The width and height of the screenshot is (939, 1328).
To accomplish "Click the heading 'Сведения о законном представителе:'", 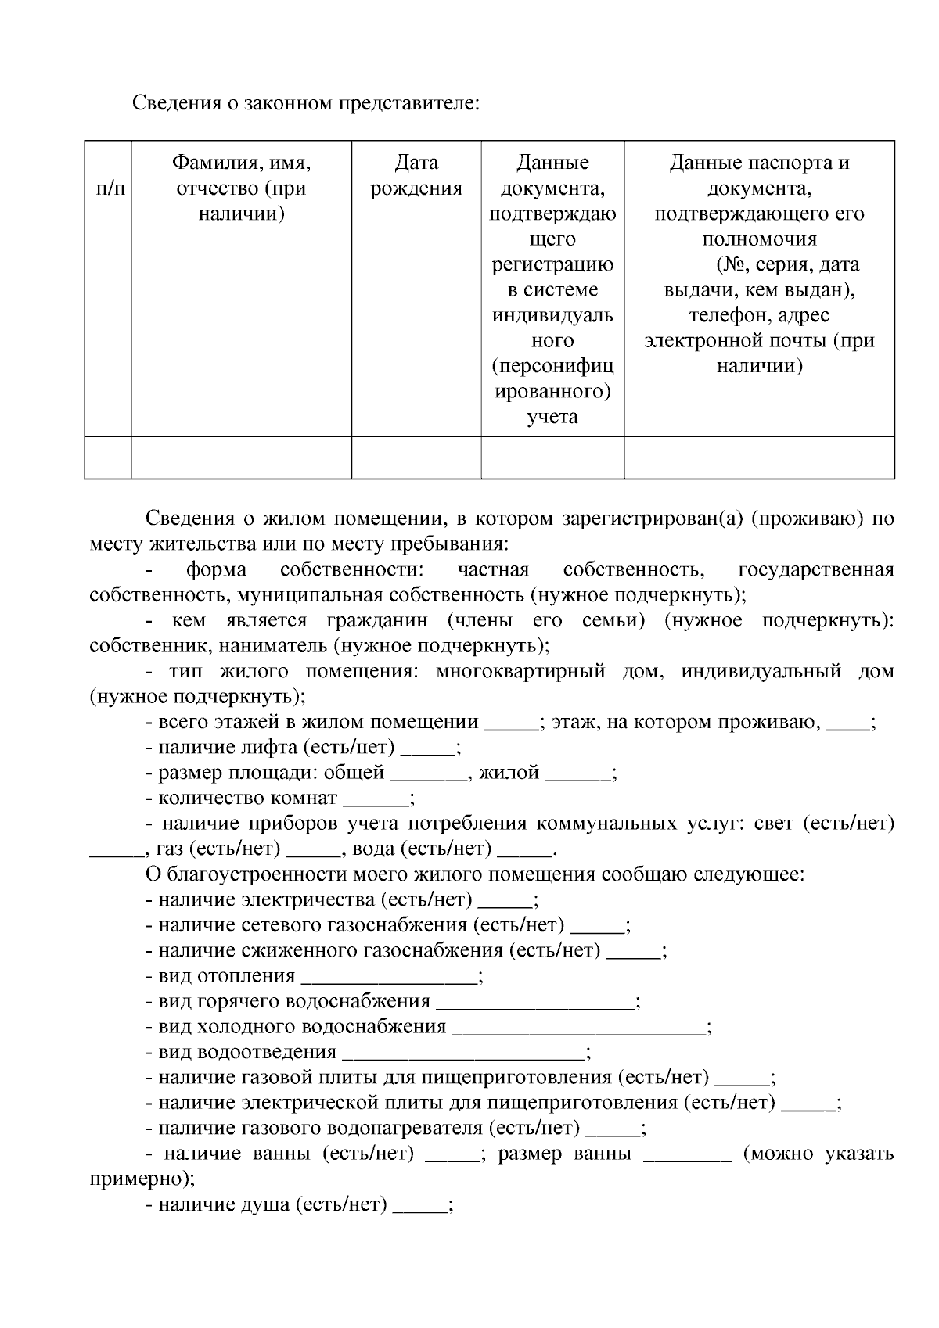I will click(x=304, y=103).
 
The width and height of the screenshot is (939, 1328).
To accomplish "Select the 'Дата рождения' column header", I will click(x=416, y=175).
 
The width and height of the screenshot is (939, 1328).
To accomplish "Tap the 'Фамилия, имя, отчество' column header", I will click(x=241, y=188).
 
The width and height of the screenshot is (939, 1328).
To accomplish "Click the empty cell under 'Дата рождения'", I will click(x=416, y=458).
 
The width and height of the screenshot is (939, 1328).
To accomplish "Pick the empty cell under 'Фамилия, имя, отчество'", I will click(x=241, y=458).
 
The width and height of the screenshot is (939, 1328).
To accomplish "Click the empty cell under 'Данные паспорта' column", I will click(x=759, y=458).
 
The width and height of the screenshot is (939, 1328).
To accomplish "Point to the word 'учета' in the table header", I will click(x=552, y=416).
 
